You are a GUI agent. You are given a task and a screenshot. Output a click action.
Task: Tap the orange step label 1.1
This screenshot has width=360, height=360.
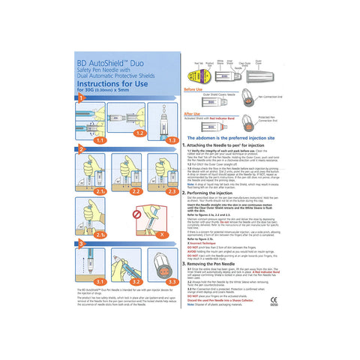pyautogui.click(x=100, y=139)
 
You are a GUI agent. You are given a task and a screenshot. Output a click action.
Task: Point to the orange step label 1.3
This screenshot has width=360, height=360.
pyautogui.click(x=172, y=139)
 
